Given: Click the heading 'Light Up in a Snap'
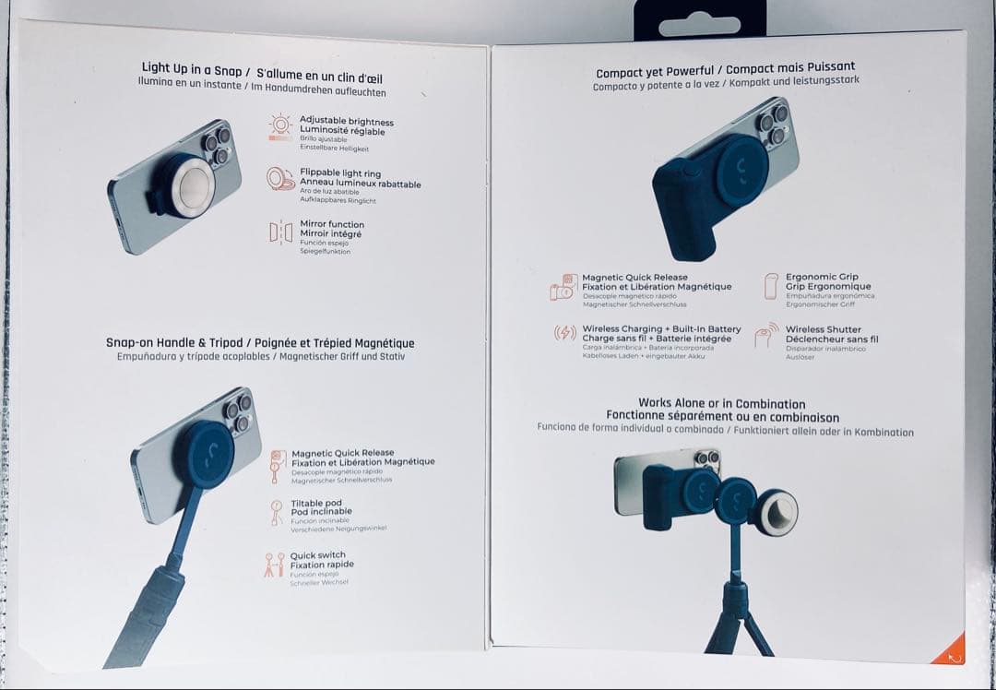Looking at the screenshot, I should (x=191, y=69).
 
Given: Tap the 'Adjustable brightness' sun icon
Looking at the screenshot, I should (x=280, y=125).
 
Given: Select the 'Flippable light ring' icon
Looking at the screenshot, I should (x=280, y=179).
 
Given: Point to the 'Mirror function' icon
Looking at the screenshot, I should (x=280, y=232).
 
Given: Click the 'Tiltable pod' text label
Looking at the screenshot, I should (x=316, y=504).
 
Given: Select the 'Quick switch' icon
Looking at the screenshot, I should (x=274, y=565).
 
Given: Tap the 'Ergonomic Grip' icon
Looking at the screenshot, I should (x=770, y=286).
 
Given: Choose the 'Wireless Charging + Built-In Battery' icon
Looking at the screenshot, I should (x=564, y=333).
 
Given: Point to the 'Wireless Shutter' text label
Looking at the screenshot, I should (x=823, y=329).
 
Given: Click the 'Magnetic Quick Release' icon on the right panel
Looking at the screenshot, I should (x=563, y=287).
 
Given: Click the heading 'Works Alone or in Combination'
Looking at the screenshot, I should (x=721, y=403).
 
